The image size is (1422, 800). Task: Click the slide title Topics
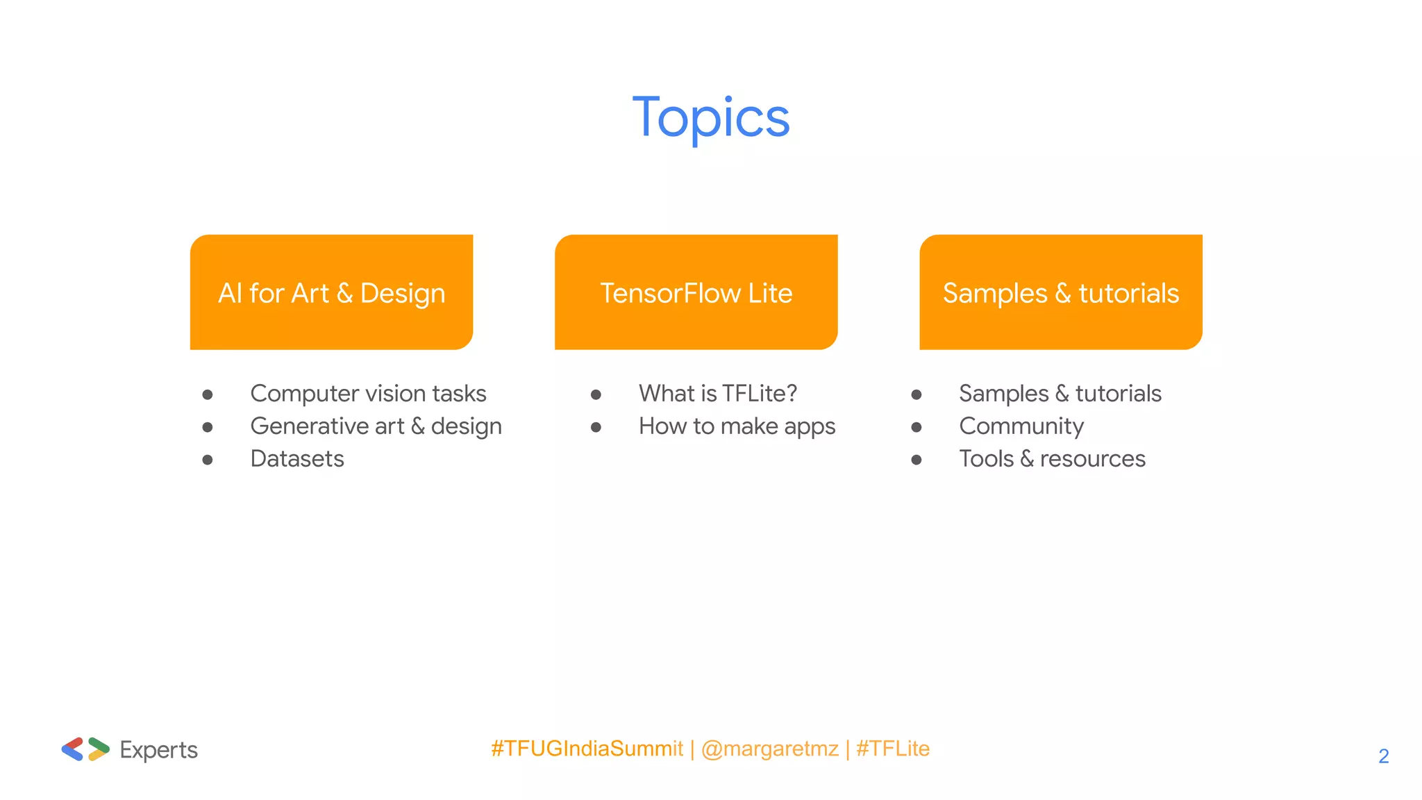tap(711, 118)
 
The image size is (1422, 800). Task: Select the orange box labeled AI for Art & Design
tap(331, 292)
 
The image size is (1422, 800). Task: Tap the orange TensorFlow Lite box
tap(696, 292)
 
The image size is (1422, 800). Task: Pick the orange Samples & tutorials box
tap(1060, 292)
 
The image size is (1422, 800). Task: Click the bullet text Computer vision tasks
tap(368, 394)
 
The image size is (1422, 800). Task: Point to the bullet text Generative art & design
tap(376, 426)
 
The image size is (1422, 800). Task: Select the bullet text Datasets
tap(297, 459)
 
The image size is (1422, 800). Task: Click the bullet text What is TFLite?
tap(717, 394)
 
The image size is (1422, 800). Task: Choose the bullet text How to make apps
tap(737, 426)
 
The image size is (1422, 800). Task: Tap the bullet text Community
tap(1021, 426)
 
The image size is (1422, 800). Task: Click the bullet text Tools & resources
tap(1052, 459)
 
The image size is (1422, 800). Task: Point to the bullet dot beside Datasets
tap(208, 460)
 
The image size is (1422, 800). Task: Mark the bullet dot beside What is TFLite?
tap(596, 395)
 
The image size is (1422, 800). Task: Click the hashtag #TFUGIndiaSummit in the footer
tap(587, 749)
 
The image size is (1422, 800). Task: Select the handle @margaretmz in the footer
tap(769, 749)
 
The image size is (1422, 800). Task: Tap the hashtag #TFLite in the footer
tap(892, 749)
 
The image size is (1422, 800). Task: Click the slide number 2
tap(1383, 756)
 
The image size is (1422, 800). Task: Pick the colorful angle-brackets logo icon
tap(85, 749)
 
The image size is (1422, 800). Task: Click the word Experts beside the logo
tap(158, 750)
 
